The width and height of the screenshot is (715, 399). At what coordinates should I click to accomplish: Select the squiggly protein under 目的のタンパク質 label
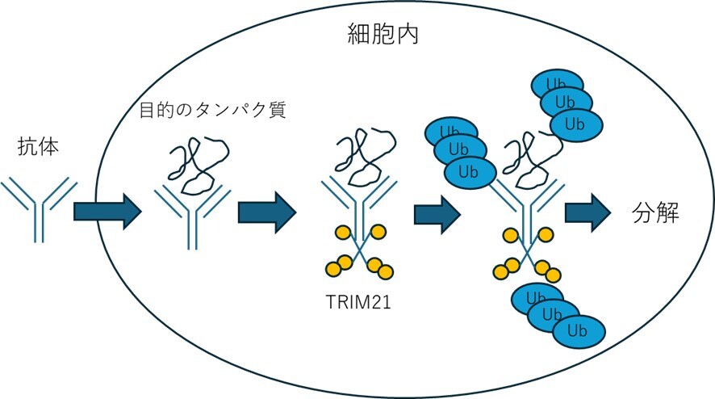coord(197,165)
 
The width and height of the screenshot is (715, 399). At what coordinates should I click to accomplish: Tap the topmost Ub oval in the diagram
coord(556,84)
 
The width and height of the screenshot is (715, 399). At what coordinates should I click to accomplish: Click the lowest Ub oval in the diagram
coord(576,331)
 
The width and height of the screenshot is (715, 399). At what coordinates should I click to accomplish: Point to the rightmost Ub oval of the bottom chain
coord(576,331)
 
